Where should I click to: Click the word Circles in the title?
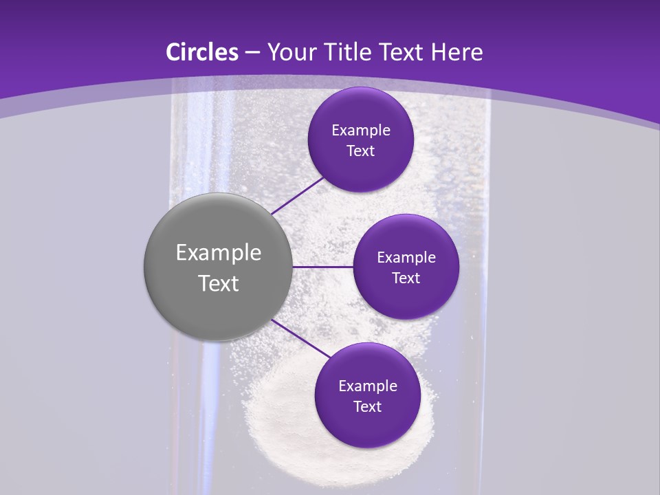(x=202, y=52)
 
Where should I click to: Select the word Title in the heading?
(x=353, y=52)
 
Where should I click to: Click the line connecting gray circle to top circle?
(x=298, y=195)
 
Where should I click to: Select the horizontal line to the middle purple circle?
(x=323, y=267)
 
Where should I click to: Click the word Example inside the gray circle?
(x=218, y=253)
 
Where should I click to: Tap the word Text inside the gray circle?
(x=218, y=283)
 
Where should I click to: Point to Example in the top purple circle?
(x=360, y=131)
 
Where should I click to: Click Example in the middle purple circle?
(x=406, y=258)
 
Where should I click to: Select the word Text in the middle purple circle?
(x=406, y=278)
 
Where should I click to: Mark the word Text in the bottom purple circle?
(x=367, y=407)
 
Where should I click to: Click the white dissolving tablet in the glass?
(x=289, y=426)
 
